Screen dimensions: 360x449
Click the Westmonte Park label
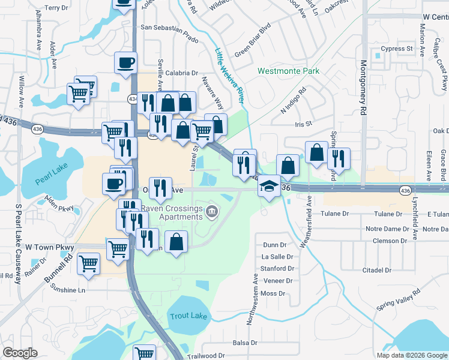point(288,71)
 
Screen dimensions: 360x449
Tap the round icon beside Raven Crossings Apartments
point(212,211)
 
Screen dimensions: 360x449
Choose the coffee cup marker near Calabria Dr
point(126,62)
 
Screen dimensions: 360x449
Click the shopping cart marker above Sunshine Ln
point(89,263)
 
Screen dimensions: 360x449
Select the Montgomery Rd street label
point(363,88)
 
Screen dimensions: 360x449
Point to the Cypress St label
point(397,48)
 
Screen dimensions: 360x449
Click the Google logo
point(20,353)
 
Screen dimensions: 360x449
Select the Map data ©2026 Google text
point(411,355)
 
